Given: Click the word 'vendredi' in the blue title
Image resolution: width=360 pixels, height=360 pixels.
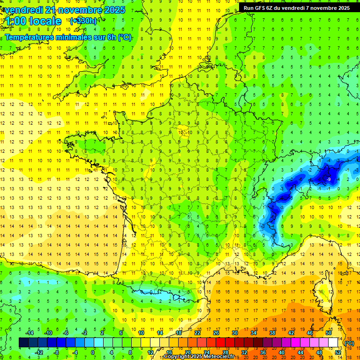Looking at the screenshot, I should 22,10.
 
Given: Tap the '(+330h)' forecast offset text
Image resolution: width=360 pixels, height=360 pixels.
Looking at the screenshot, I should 83,21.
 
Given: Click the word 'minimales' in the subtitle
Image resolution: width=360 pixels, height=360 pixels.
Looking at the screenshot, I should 63,37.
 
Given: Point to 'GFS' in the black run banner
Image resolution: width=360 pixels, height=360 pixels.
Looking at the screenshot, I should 261,8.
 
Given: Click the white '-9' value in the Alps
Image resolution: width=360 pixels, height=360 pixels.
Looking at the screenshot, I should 329,179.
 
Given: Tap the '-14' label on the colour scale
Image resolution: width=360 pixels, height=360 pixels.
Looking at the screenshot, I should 30,332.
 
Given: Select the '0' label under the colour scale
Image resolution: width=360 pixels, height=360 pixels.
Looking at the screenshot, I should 93,352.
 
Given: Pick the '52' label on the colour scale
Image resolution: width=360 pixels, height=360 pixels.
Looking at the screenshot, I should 337,352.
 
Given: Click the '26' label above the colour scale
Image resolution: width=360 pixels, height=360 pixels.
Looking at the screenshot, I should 216,332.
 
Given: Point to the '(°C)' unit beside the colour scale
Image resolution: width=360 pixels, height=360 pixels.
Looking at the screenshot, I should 349,343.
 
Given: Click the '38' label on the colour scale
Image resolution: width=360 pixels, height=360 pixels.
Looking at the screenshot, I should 272,332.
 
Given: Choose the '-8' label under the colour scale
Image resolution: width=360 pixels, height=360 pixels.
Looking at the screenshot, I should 57,352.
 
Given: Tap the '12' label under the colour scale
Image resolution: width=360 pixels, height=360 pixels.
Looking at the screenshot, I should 150,352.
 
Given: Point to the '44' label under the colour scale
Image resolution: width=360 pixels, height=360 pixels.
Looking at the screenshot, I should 300,352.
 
